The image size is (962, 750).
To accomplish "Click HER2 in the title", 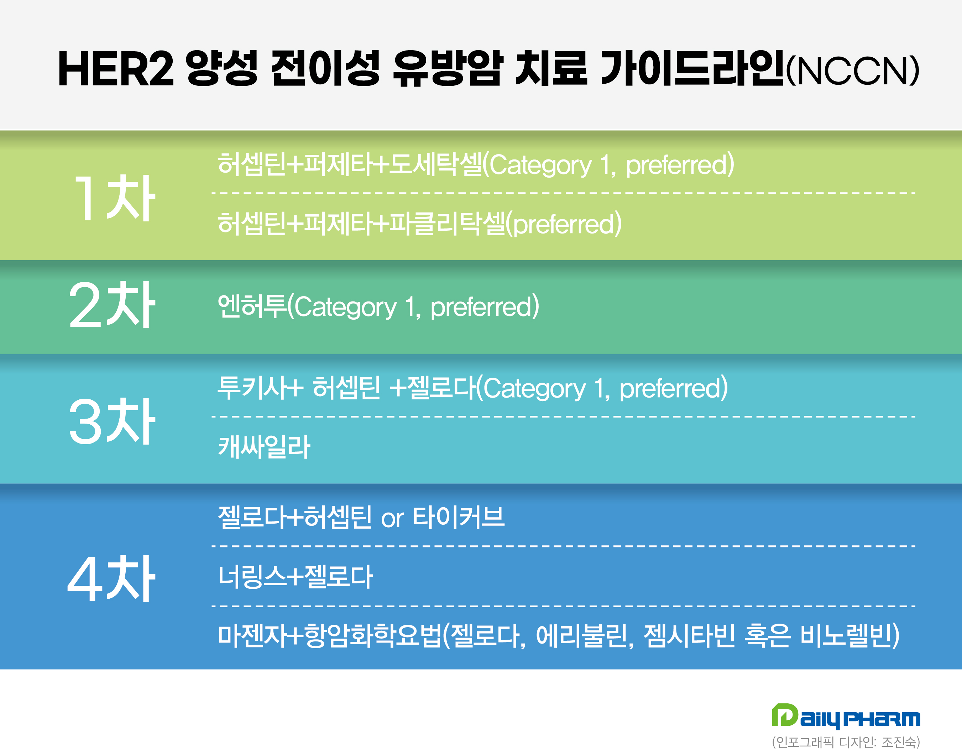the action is tap(116, 69).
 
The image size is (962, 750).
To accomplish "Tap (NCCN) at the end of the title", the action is tap(852, 70).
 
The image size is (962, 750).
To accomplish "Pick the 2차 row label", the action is tap(112, 305).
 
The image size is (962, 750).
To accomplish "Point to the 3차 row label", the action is tap(112, 421).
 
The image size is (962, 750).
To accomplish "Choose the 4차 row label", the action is tap(111, 578).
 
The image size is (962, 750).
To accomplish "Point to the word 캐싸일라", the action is tap(264, 447).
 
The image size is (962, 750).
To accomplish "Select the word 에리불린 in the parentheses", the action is tap(581, 635).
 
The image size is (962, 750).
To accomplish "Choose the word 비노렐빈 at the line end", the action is tap(846, 635).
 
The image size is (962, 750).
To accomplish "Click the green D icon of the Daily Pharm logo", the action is tap(784, 715).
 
